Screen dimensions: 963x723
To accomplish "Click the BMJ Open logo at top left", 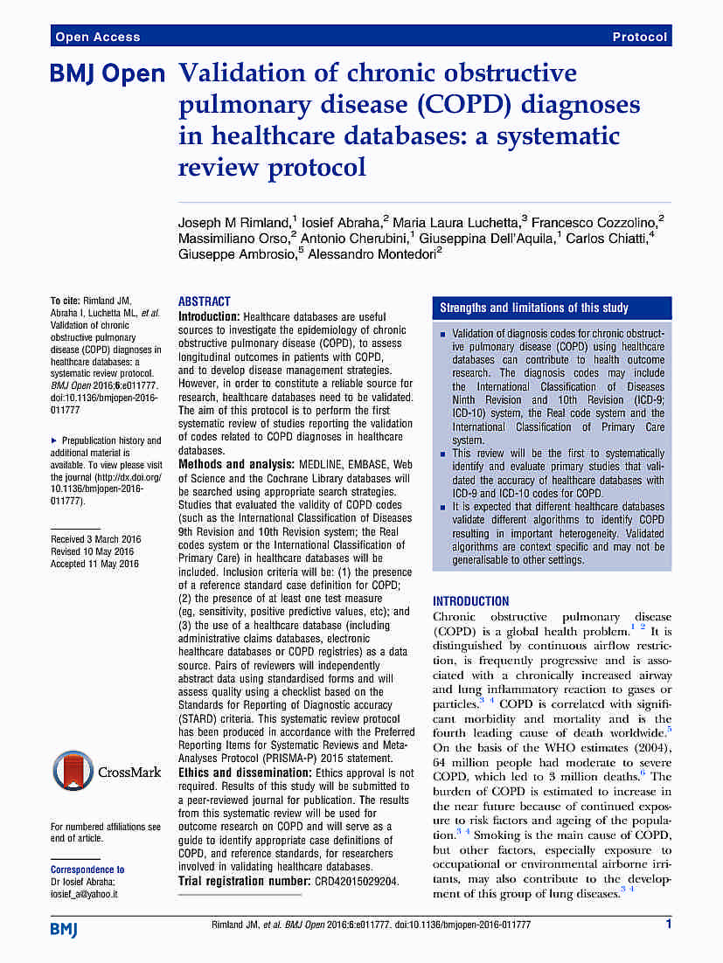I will tap(108, 75).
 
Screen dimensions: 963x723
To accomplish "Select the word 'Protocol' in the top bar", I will tap(639, 37).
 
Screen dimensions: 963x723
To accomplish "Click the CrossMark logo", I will tap(106, 772).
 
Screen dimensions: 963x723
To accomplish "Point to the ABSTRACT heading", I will tap(204, 301).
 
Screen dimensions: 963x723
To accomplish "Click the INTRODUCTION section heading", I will tap(470, 601).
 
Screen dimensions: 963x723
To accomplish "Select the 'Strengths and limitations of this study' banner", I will tap(533, 308).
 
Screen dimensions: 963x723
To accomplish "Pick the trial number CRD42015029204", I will tap(356, 881).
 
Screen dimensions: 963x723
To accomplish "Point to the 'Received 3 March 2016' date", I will tap(94, 539).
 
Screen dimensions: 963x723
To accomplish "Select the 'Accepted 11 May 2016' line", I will tap(94, 564).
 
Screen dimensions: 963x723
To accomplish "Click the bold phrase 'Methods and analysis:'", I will tap(237, 464).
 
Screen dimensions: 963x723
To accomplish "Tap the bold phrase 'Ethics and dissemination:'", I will tap(244, 773).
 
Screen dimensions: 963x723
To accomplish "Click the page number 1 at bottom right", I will tap(668, 924).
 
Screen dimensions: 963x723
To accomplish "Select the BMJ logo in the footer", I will tap(64, 927).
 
